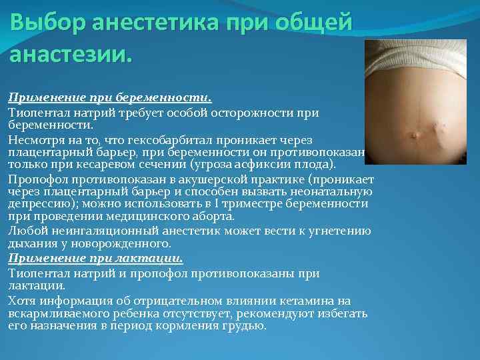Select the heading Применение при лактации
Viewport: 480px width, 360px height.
95,259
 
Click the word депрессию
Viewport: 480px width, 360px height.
35,205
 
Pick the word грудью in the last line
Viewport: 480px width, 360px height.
246,326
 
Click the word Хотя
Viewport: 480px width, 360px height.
21,301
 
